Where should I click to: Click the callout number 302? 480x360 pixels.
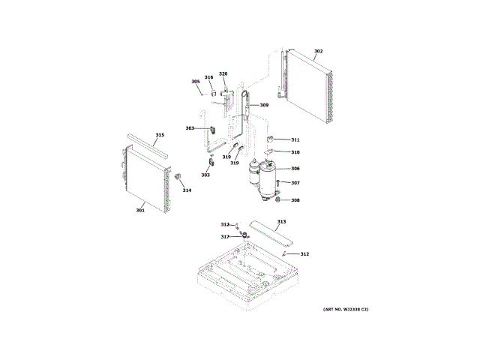coord(318,51)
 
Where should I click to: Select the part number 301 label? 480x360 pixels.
coord(140,210)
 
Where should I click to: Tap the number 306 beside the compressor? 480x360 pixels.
coord(295,169)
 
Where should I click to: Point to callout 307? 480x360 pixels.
coord(295,183)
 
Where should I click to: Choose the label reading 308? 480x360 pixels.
coord(295,200)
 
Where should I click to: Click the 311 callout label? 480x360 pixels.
coord(295,139)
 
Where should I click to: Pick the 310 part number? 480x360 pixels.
coord(295,152)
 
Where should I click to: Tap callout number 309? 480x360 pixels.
coord(264,105)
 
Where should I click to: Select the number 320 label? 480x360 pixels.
coord(223,74)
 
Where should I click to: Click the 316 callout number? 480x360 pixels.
coord(208,77)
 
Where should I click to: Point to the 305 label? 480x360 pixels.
coord(196,82)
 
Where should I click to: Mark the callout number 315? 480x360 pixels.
coord(160,136)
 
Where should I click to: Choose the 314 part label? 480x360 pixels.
coord(187,190)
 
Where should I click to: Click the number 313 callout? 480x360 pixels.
coord(281,222)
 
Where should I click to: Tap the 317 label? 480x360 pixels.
coord(224,237)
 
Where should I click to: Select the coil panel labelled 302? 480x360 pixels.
coord(308,85)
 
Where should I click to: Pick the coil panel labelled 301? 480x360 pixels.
coord(145,175)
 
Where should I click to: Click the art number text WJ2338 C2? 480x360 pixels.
coord(346,310)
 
